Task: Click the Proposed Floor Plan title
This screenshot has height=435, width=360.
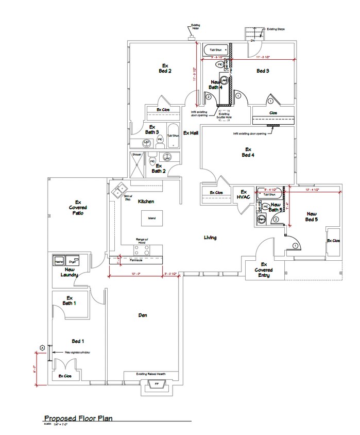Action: pyautogui.click(x=78, y=419)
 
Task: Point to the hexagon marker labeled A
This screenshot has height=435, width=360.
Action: pyautogui.click(x=41, y=347)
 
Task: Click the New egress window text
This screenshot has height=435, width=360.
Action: pyautogui.click(x=77, y=352)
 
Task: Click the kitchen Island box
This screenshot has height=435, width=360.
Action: pyautogui.click(x=152, y=218)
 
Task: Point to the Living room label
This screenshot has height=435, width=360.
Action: pyautogui.click(x=210, y=238)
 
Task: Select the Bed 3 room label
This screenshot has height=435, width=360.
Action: pyautogui.click(x=263, y=71)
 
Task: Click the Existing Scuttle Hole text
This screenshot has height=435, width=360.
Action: pyautogui.click(x=225, y=115)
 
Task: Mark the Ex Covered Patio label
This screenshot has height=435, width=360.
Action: pyautogui.click(x=79, y=207)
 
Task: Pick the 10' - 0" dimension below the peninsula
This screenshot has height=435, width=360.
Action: pyautogui.click(x=136, y=274)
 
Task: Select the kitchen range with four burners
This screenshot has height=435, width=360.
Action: pyautogui.click(x=142, y=250)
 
